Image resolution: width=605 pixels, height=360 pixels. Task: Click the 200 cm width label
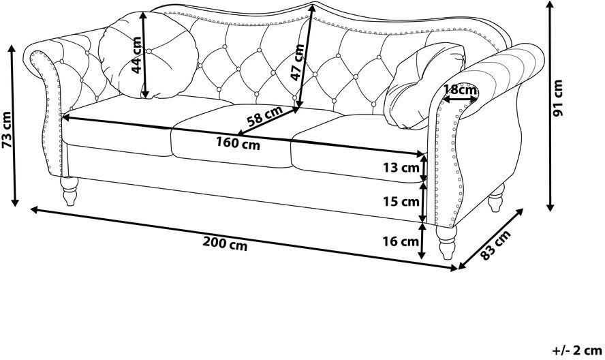225,243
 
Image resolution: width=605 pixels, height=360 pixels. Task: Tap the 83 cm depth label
496,245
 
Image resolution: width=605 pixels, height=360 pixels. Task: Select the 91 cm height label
558,97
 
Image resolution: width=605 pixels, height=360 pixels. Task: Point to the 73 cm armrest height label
7,130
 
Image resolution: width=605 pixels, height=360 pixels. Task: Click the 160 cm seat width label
238,144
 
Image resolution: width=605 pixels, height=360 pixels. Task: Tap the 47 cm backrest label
297,62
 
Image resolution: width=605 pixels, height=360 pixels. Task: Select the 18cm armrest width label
460,90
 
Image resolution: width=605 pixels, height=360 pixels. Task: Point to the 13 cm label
401,168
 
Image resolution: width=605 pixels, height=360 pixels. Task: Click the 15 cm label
401,201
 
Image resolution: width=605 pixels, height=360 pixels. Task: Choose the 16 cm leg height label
401,241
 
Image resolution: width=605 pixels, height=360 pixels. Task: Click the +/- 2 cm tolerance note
577,350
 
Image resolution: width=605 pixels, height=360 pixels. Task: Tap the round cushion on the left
148,55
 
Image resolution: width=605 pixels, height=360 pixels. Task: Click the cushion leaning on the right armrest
424,86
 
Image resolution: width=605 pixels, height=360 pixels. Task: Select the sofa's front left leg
69,191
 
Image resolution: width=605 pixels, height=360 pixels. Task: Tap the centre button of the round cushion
149,51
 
